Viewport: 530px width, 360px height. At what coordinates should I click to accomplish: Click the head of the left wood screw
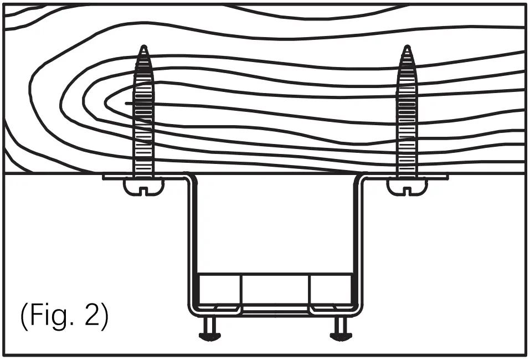click(143, 187)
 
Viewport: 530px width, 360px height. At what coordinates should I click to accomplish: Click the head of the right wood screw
click(407, 187)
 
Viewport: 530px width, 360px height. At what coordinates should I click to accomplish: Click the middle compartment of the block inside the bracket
click(275, 289)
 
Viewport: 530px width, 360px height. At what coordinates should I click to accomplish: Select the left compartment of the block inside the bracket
click(220, 289)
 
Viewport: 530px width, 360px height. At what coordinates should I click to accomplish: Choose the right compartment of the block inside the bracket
click(329, 289)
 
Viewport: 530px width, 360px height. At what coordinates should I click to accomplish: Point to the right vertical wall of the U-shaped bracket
click(357, 244)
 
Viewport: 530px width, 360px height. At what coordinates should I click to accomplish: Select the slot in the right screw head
click(407, 191)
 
